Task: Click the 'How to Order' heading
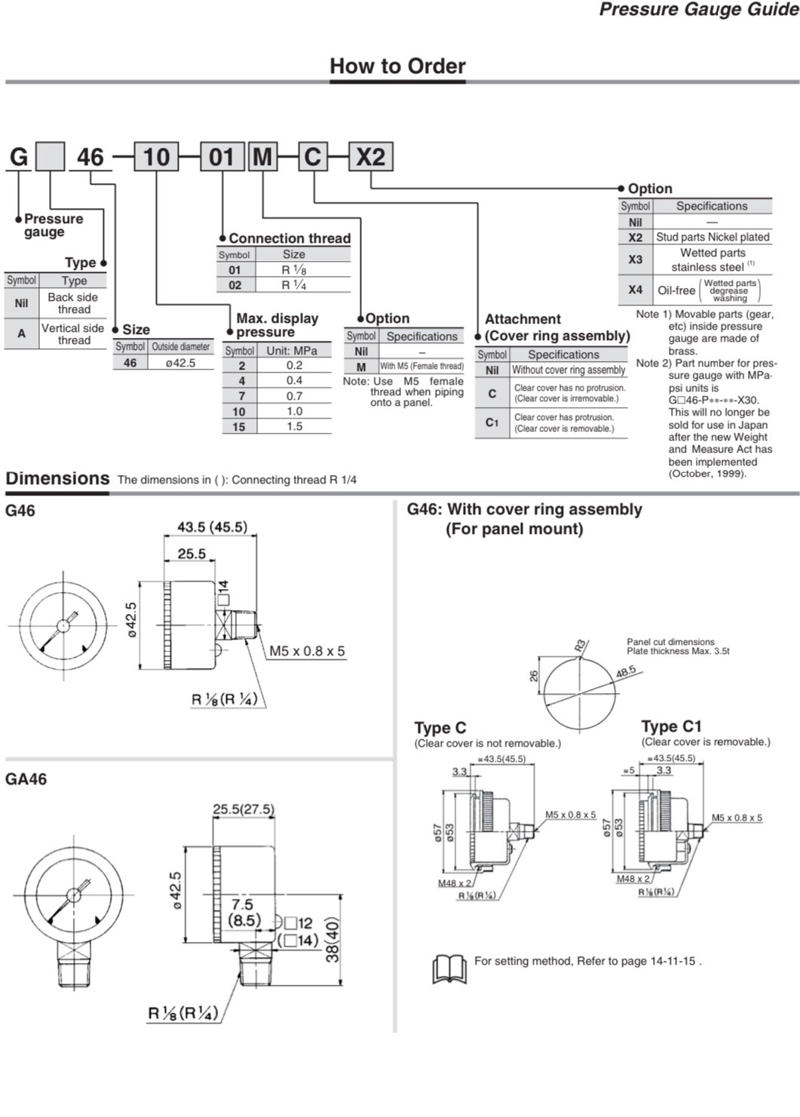[x=397, y=66]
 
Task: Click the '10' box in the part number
[x=156, y=157]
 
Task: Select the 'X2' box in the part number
[x=370, y=157]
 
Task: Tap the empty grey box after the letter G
[x=51, y=157]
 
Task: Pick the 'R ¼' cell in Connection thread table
[x=294, y=285]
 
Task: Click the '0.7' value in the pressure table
[x=294, y=396]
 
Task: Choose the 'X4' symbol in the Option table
[x=635, y=290]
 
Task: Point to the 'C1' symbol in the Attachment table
[x=492, y=422]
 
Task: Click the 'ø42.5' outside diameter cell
[x=181, y=363]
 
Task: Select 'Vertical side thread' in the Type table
[x=73, y=333]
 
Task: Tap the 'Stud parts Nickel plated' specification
[x=713, y=237]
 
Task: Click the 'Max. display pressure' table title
[x=277, y=325]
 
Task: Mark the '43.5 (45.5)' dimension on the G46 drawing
[x=212, y=527]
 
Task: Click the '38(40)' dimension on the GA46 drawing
[x=333, y=939]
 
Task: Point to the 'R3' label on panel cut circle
[x=580, y=645]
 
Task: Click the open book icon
[x=449, y=968]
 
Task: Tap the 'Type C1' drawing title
[x=671, y=726]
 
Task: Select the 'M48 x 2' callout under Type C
[x=454, y=883]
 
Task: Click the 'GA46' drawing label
[x=26, y=779]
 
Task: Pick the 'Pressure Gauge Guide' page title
[x=698, y=10]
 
